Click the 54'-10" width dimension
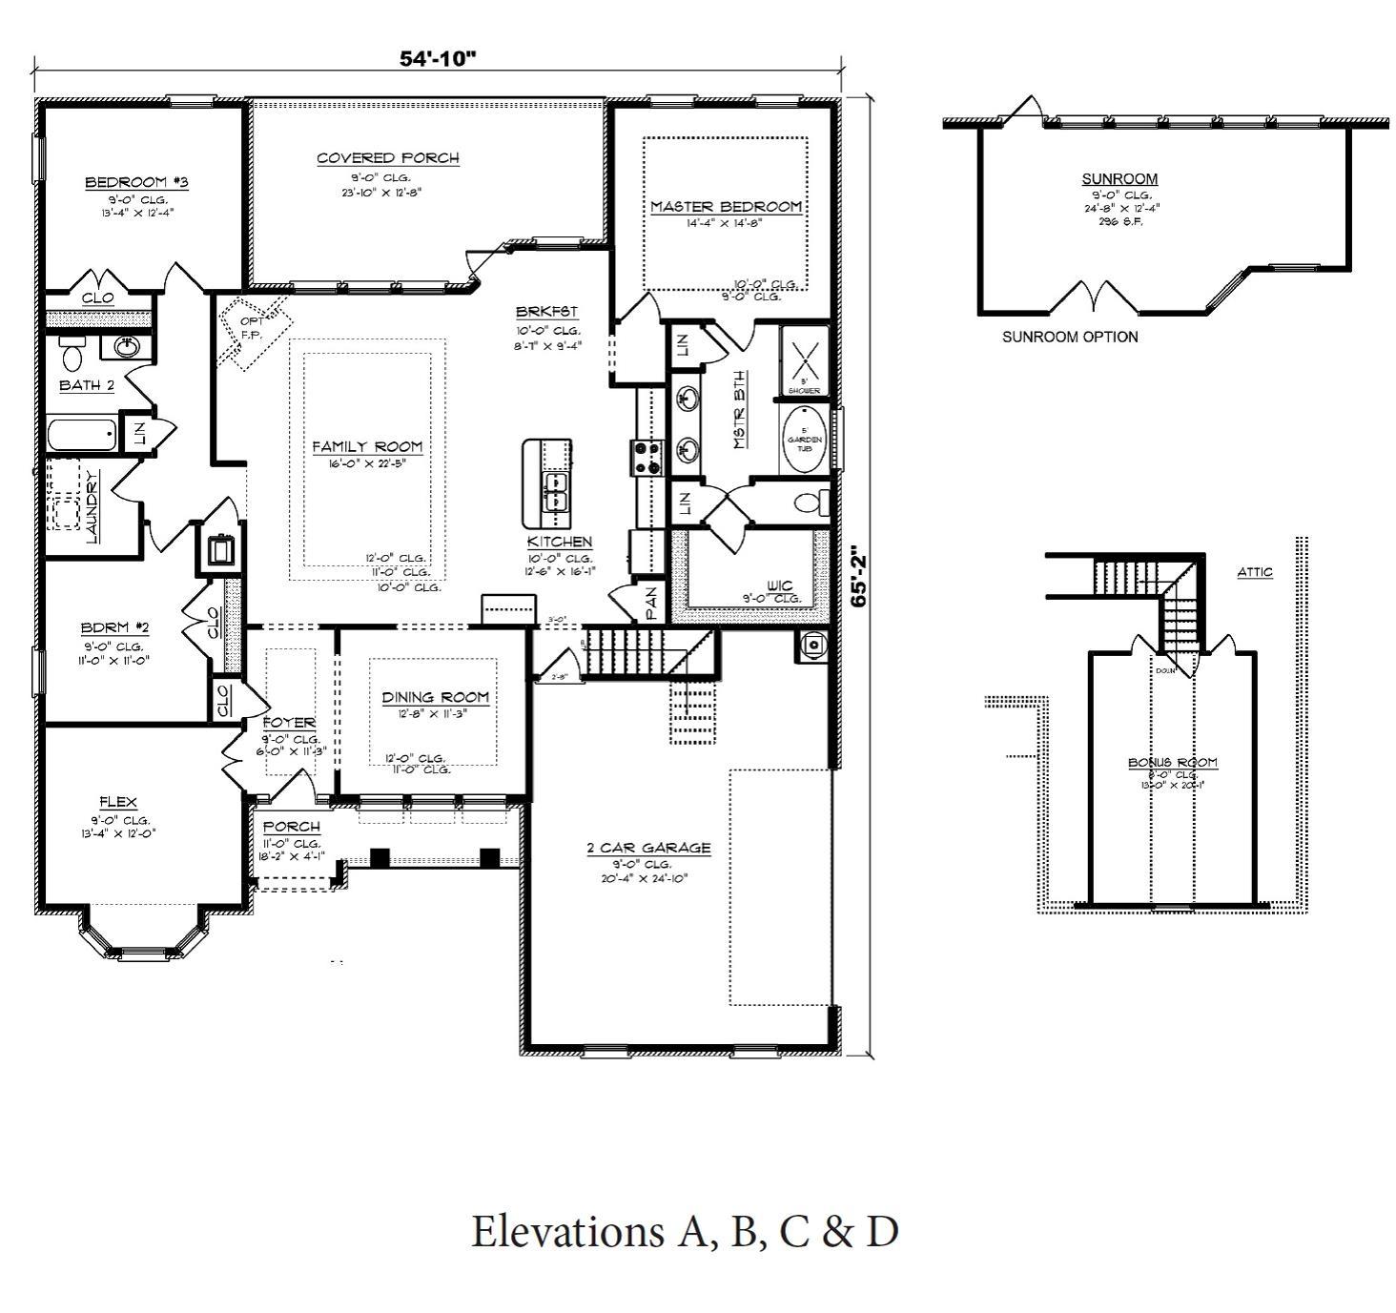[x=437, y=58]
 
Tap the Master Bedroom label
[x=726, y=207]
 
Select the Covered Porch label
[x=387, y=158]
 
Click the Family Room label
[x=367, y=446]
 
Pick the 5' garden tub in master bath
[x=804, y=440]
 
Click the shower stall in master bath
[x=804, y=360]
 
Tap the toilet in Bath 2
[x=72, y=355]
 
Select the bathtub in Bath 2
[x=82, y=436]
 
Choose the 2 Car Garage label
[x=648, y=848]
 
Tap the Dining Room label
[x=435, y=697]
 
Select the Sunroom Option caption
[x=1069, y=337]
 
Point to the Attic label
[x=1254, y=572]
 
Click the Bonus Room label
[x=1172, y=763]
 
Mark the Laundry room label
[x=92, y=506]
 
